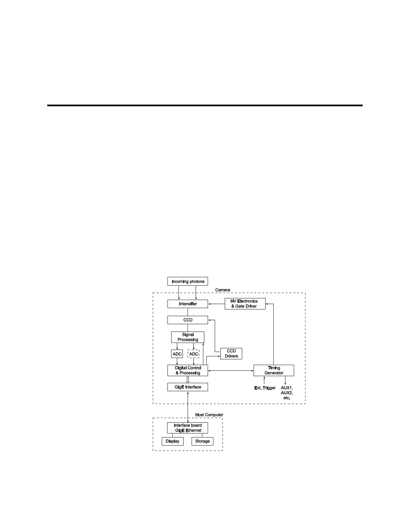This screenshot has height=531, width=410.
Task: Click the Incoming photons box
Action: [188, 281]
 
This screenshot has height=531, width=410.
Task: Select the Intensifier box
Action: [188, 304]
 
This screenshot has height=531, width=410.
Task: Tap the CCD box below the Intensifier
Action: [188, 320]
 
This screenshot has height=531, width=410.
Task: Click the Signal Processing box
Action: [188, 337]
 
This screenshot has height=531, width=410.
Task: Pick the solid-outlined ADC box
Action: [177, 354]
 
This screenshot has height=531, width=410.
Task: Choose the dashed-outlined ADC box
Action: [194, 354]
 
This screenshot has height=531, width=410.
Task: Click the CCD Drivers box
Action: [231, 354]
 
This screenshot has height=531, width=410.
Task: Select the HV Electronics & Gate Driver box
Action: [245, 304]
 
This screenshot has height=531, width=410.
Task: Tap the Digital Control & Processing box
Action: [188, 370]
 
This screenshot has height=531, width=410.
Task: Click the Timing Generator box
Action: [274, 370]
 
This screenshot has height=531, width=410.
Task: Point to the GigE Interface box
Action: [188, 387]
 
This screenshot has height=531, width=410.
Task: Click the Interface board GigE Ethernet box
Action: [188, 428]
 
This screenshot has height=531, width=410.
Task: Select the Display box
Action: [173, 441]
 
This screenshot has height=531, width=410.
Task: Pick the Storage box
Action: [202, 441]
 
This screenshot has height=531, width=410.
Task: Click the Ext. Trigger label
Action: [265, 388]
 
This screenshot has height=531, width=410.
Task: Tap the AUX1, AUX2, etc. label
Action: [286, 393]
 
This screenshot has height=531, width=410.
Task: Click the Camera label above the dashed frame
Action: [222, 290]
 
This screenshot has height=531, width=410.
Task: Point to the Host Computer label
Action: [209, 415]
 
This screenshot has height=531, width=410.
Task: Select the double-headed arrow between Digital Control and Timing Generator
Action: [231, 370]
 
